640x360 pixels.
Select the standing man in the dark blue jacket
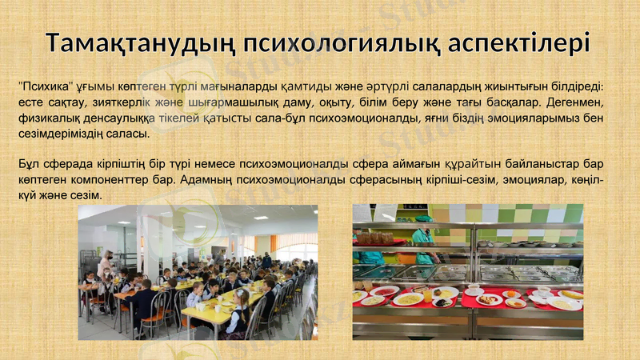tap(266, 261)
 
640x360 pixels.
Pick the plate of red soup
tap(385, 290)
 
